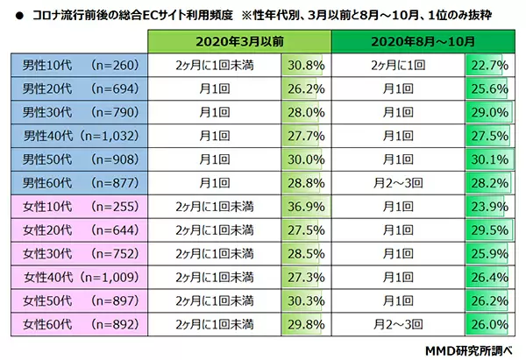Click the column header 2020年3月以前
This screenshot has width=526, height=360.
[x=239, y=41]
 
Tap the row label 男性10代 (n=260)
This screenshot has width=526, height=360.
[x=77, y=65]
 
